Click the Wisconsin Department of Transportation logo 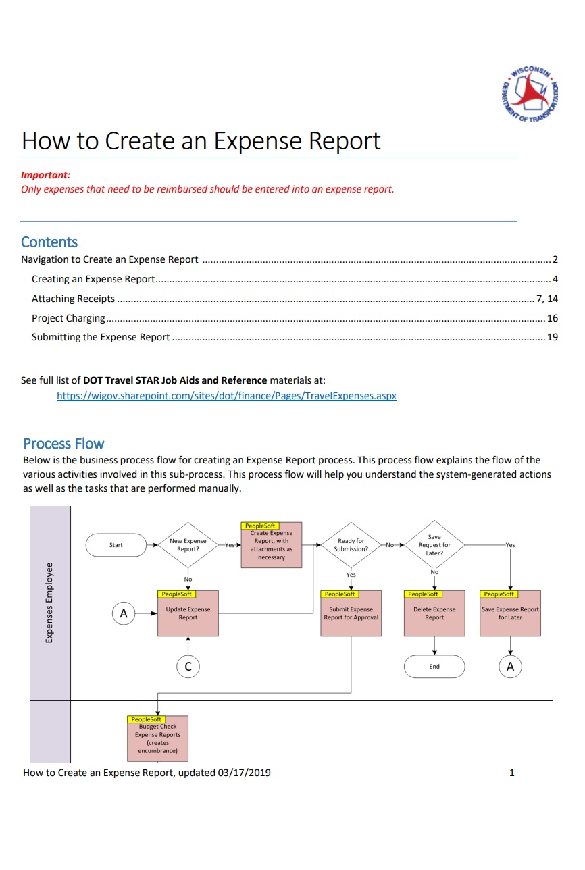pos(529,95)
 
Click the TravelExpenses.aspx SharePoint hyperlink pos(226,396)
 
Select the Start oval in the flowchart pos(116,545)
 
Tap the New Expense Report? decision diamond pos(188,545)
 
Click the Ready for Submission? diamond pos(351,545)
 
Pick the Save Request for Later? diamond pos(434,545)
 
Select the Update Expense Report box pos(188,613)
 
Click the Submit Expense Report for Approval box pos(351,613)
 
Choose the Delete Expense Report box pos(434,613)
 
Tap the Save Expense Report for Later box pos(510,613)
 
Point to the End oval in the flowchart pos(434,667)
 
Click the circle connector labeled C pos(188,667)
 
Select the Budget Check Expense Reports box pos(158,738)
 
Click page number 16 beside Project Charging pos(552,318)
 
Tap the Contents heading pos(49,242)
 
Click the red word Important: pos(46,175)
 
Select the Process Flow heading pos(63,444)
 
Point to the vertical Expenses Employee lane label pos(50,603)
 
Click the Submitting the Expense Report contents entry pos(101,337)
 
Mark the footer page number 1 pos(511,773)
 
